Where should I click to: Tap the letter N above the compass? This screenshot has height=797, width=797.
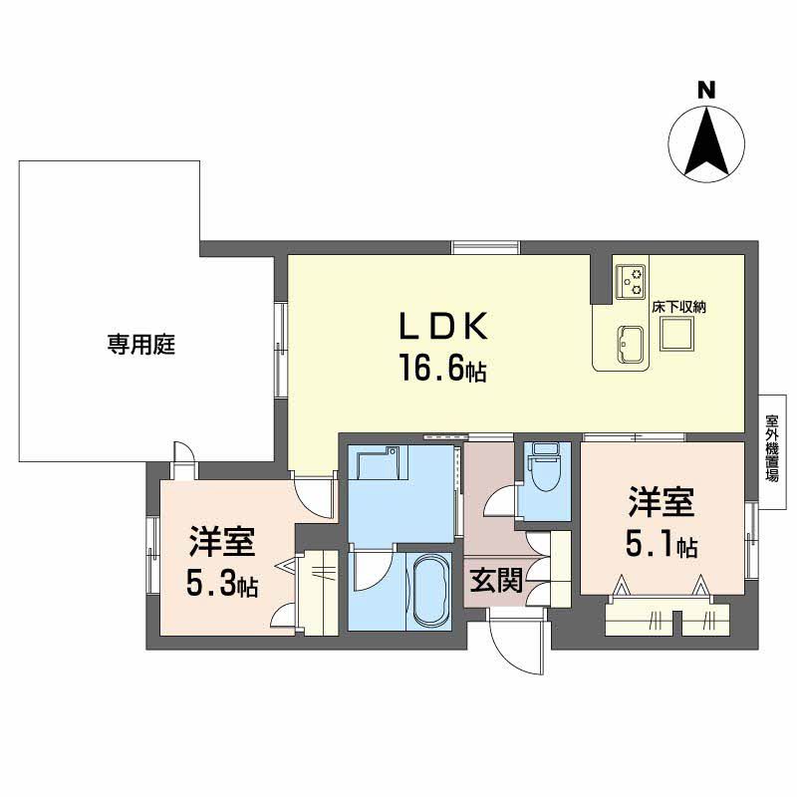pos(705,91)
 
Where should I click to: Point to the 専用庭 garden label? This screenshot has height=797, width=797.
pos(141,346)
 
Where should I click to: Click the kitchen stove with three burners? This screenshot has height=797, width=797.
pos(630,282)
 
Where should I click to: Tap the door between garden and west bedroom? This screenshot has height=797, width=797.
pos(183,458)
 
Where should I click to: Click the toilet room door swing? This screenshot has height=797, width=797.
pos(498,501)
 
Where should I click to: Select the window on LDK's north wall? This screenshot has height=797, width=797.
pos(485,247)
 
